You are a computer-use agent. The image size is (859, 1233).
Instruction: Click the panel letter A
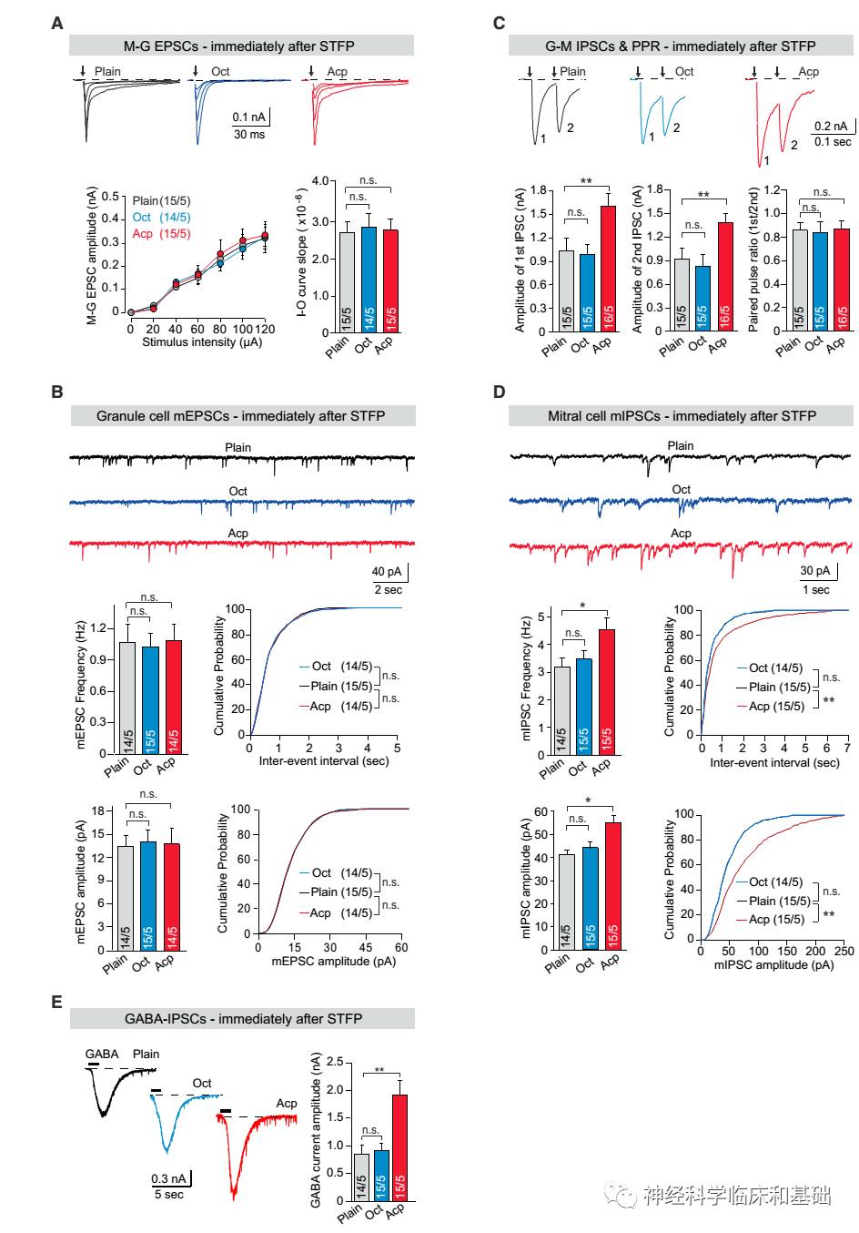pyautogui.click(x=57, y=23)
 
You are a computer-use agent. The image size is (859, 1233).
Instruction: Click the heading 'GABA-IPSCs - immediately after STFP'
pyautogui.click(x=243, y=1019)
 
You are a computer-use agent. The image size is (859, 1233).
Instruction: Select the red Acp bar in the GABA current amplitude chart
pyautogui.click(x=398, y=1147)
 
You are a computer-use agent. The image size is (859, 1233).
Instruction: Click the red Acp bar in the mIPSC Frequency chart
pyautogui.click(x=605, y=692)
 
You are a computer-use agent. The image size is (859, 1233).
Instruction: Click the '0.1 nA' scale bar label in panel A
pyautogui.click(x=248, y=117)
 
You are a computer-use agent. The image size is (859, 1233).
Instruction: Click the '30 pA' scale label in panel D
pyautogui.click(x=815, y=572)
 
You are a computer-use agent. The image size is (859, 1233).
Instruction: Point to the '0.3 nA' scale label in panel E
pyautogui.click(x=169, y=1179)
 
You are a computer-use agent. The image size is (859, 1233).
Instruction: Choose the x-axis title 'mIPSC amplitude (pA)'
pyautogui.click(x=774, y=964)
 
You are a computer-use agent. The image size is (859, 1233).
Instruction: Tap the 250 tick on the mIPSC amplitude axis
pyautogui.click(x=844, y=951)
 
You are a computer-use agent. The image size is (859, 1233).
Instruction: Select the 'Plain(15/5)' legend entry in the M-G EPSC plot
pyautogui.click(x=161, y=201)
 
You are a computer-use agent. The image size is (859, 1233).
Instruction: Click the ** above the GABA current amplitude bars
pyautogui.click(x=379, y=1071)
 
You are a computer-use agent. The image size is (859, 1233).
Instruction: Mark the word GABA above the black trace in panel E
pyautogui.click(x=102, y=1055)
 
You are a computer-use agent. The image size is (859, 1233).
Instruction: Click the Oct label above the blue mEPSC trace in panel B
pyautogui.click(x=237, y=491)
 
